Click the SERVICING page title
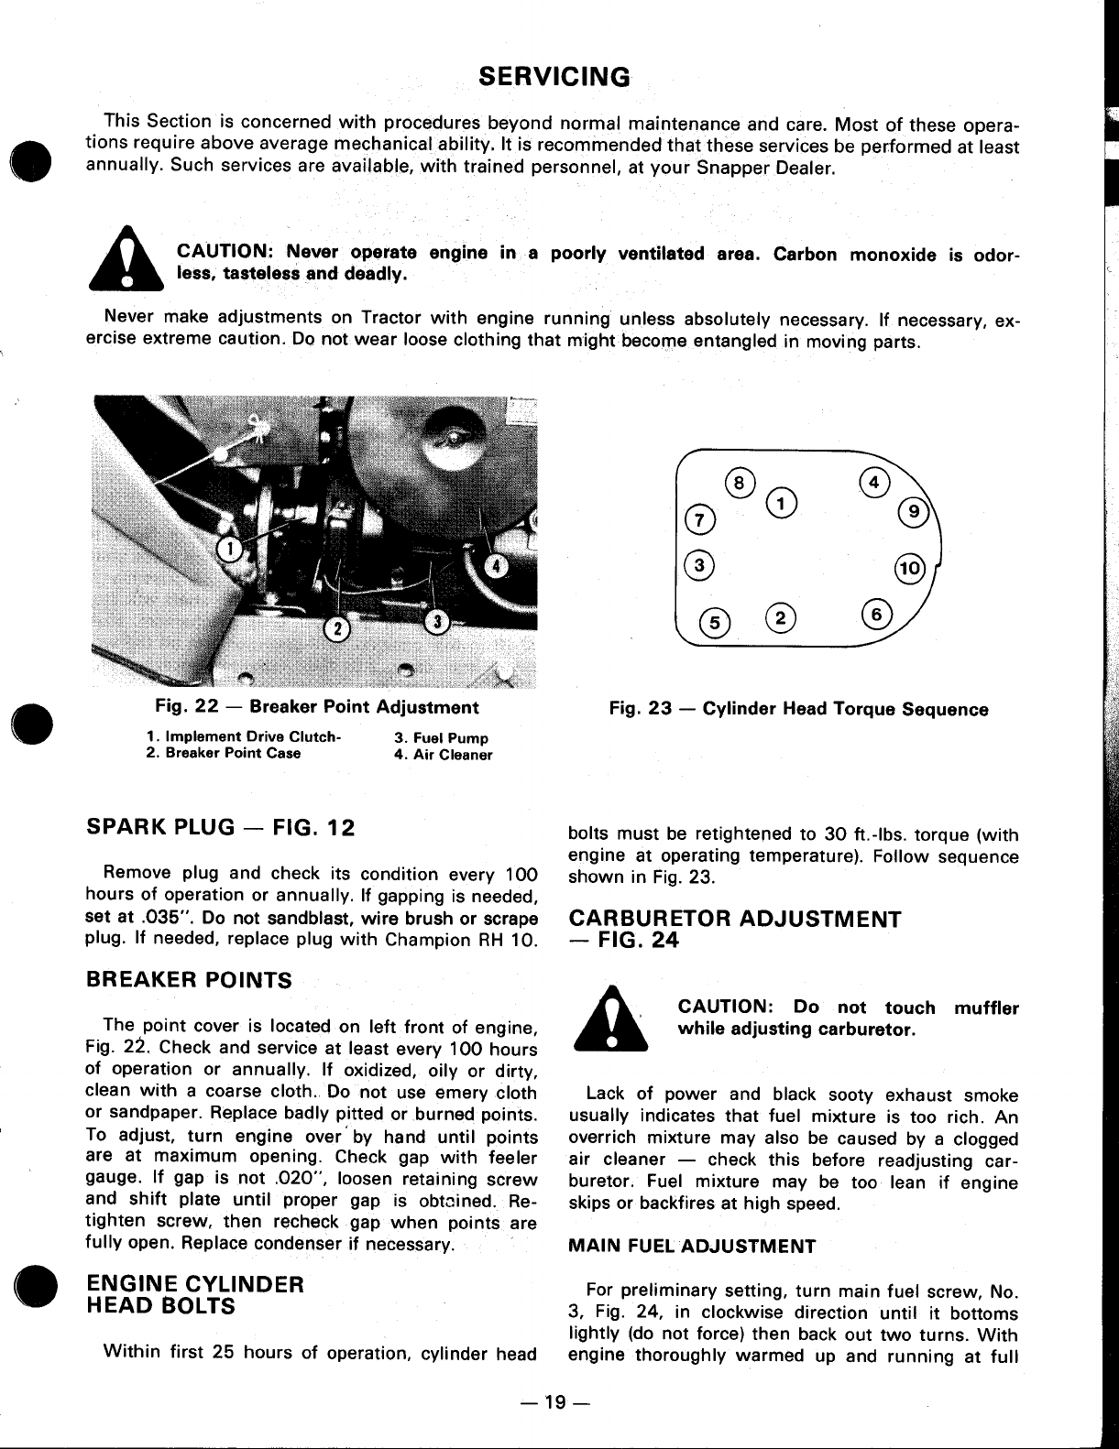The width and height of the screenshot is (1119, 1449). (x=555, y=76)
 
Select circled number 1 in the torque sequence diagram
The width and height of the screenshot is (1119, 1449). (x=781, y=503)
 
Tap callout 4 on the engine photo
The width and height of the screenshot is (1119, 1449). (x=497, y=565)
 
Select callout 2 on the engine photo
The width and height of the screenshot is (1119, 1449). (x=336, y=629)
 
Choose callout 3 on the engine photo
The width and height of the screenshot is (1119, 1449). (x=438, y=622)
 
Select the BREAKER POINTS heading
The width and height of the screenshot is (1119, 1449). (x=188, y=980)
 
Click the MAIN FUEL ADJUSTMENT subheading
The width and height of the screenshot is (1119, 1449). (x=692, y=1246)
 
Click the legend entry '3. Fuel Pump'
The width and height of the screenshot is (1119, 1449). (x=441, y=738)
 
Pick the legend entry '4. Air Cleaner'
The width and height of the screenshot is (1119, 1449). (x=444, y=756)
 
